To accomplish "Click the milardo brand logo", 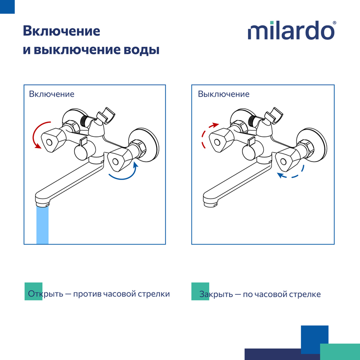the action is click(x=291, y=30).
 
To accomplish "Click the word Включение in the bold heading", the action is click(x=62, y=31).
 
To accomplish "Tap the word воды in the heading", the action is click(x=141, y=50).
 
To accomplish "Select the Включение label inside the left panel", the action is click(x=52, y=94).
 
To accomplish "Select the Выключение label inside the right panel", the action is click(x=224, y=94).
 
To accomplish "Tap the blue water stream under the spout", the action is click(x=42, y=225).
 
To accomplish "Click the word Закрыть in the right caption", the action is click(x=216, y=294).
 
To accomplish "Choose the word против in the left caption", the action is click(x=87, y=294).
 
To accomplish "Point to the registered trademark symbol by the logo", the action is click(x=334, y=23).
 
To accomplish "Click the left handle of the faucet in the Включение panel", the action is click(x=54, y=140).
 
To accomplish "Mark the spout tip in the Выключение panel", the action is click(x=210, y=203).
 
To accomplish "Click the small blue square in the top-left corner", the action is click(x=7, y=7).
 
